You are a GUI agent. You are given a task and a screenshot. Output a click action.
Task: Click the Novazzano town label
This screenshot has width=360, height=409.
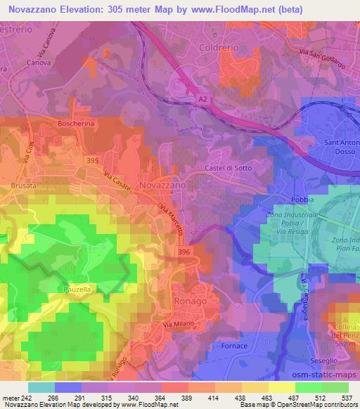point(163,184)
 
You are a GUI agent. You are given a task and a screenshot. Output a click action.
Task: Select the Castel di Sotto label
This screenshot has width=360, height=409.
point(228,168)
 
